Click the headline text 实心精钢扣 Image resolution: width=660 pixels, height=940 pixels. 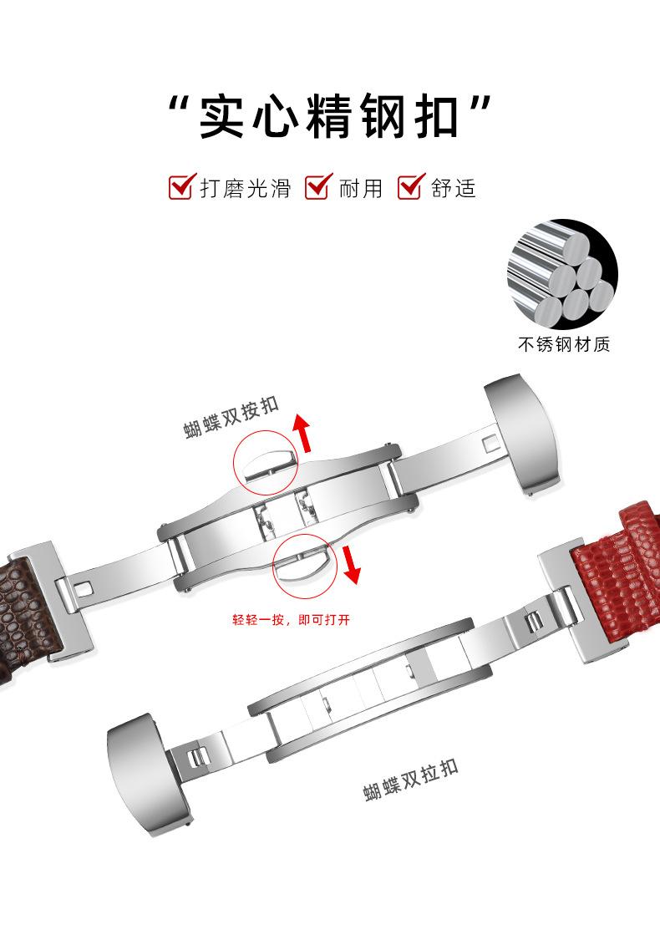click(x=329, y=116)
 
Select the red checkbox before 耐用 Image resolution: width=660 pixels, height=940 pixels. click(x=318, y=187)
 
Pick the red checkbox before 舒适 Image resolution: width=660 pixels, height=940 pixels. click(x=410, y=187)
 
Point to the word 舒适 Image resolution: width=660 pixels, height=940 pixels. click(x=453, y=188)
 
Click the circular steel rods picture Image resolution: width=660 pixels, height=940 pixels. click(x=562, y=275)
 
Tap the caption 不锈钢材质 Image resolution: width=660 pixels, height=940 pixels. click(x=563, y=344)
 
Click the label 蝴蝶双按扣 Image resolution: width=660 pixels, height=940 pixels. click(x=231, y=418)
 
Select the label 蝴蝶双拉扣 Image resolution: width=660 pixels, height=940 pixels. click(x=411, y=780)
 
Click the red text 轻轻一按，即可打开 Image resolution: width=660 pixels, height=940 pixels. click(x=292, y=620)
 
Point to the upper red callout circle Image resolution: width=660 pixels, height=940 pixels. click(x=265, y=462)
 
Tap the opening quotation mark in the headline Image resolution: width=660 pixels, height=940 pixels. click(x=177, y=107)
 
